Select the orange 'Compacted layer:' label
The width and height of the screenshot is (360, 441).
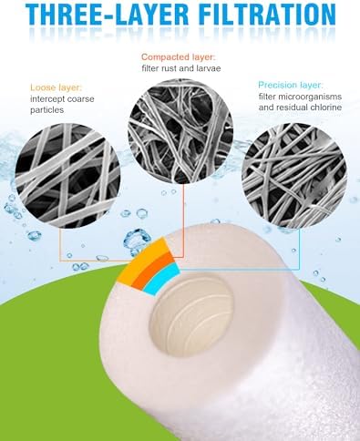click(179, 56)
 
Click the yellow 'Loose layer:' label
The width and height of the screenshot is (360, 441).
click(57, 87)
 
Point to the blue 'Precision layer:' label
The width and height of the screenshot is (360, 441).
click(291, 85)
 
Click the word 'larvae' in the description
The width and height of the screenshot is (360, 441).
click(208, 68)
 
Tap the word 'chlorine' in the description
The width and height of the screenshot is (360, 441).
click(326, 108)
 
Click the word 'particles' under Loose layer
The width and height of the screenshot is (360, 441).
click(47, 110)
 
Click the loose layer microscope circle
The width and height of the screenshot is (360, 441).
click(67, 176)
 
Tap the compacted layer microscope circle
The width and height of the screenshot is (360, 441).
click(180, 131)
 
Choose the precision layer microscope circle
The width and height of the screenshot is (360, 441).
click(294, 176)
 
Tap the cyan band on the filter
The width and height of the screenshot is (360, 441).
click(160, 278)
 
